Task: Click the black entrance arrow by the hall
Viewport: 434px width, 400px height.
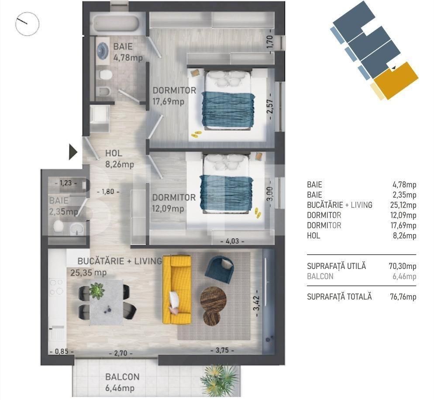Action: point(73,152)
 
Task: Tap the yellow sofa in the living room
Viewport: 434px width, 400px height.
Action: point(177,290)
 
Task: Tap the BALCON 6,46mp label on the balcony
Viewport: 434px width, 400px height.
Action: point(122,382)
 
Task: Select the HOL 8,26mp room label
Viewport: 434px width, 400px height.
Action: point(119,159)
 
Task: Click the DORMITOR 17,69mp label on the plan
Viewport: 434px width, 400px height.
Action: point(174,97)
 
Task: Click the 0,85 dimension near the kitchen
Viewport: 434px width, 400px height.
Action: point(58,352)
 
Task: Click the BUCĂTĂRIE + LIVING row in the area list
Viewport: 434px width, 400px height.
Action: point(362,205)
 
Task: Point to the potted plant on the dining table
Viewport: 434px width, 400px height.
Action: point(96,290)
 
